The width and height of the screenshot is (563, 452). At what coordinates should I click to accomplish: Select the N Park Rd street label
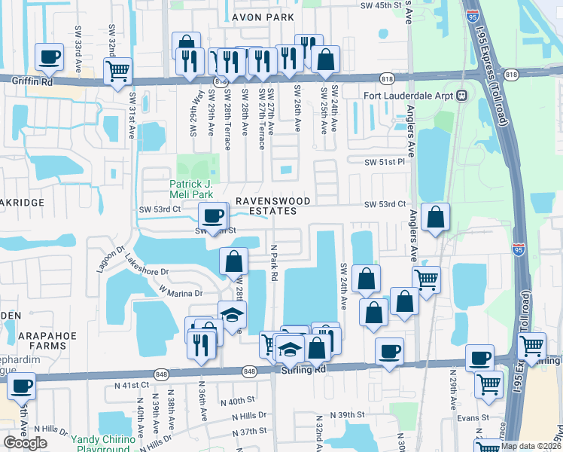click(274, 264)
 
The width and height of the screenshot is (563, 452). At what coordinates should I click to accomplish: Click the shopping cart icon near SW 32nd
click(117, 72)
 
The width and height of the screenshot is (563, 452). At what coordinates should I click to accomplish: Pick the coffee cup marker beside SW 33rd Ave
click(50, 56)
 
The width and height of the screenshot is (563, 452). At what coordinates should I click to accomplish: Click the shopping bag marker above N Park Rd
click(234, 261)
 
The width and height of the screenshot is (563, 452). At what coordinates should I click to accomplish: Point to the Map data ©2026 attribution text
click(531, 445)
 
